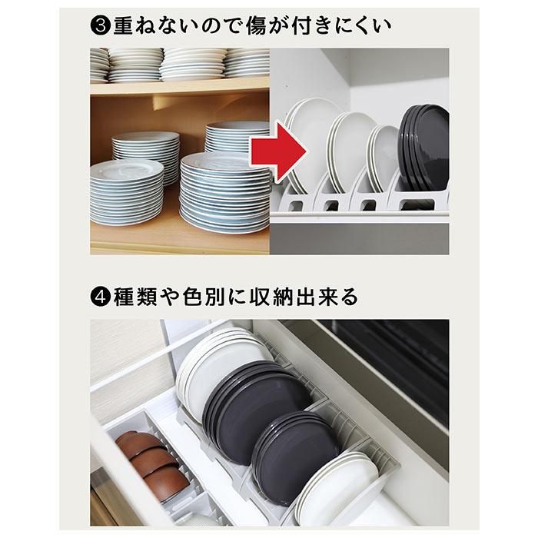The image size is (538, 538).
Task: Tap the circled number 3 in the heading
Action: (x=101, y=28)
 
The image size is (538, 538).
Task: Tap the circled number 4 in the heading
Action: (x=100, y=297)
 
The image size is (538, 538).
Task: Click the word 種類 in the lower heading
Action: (x=136, y=297)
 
